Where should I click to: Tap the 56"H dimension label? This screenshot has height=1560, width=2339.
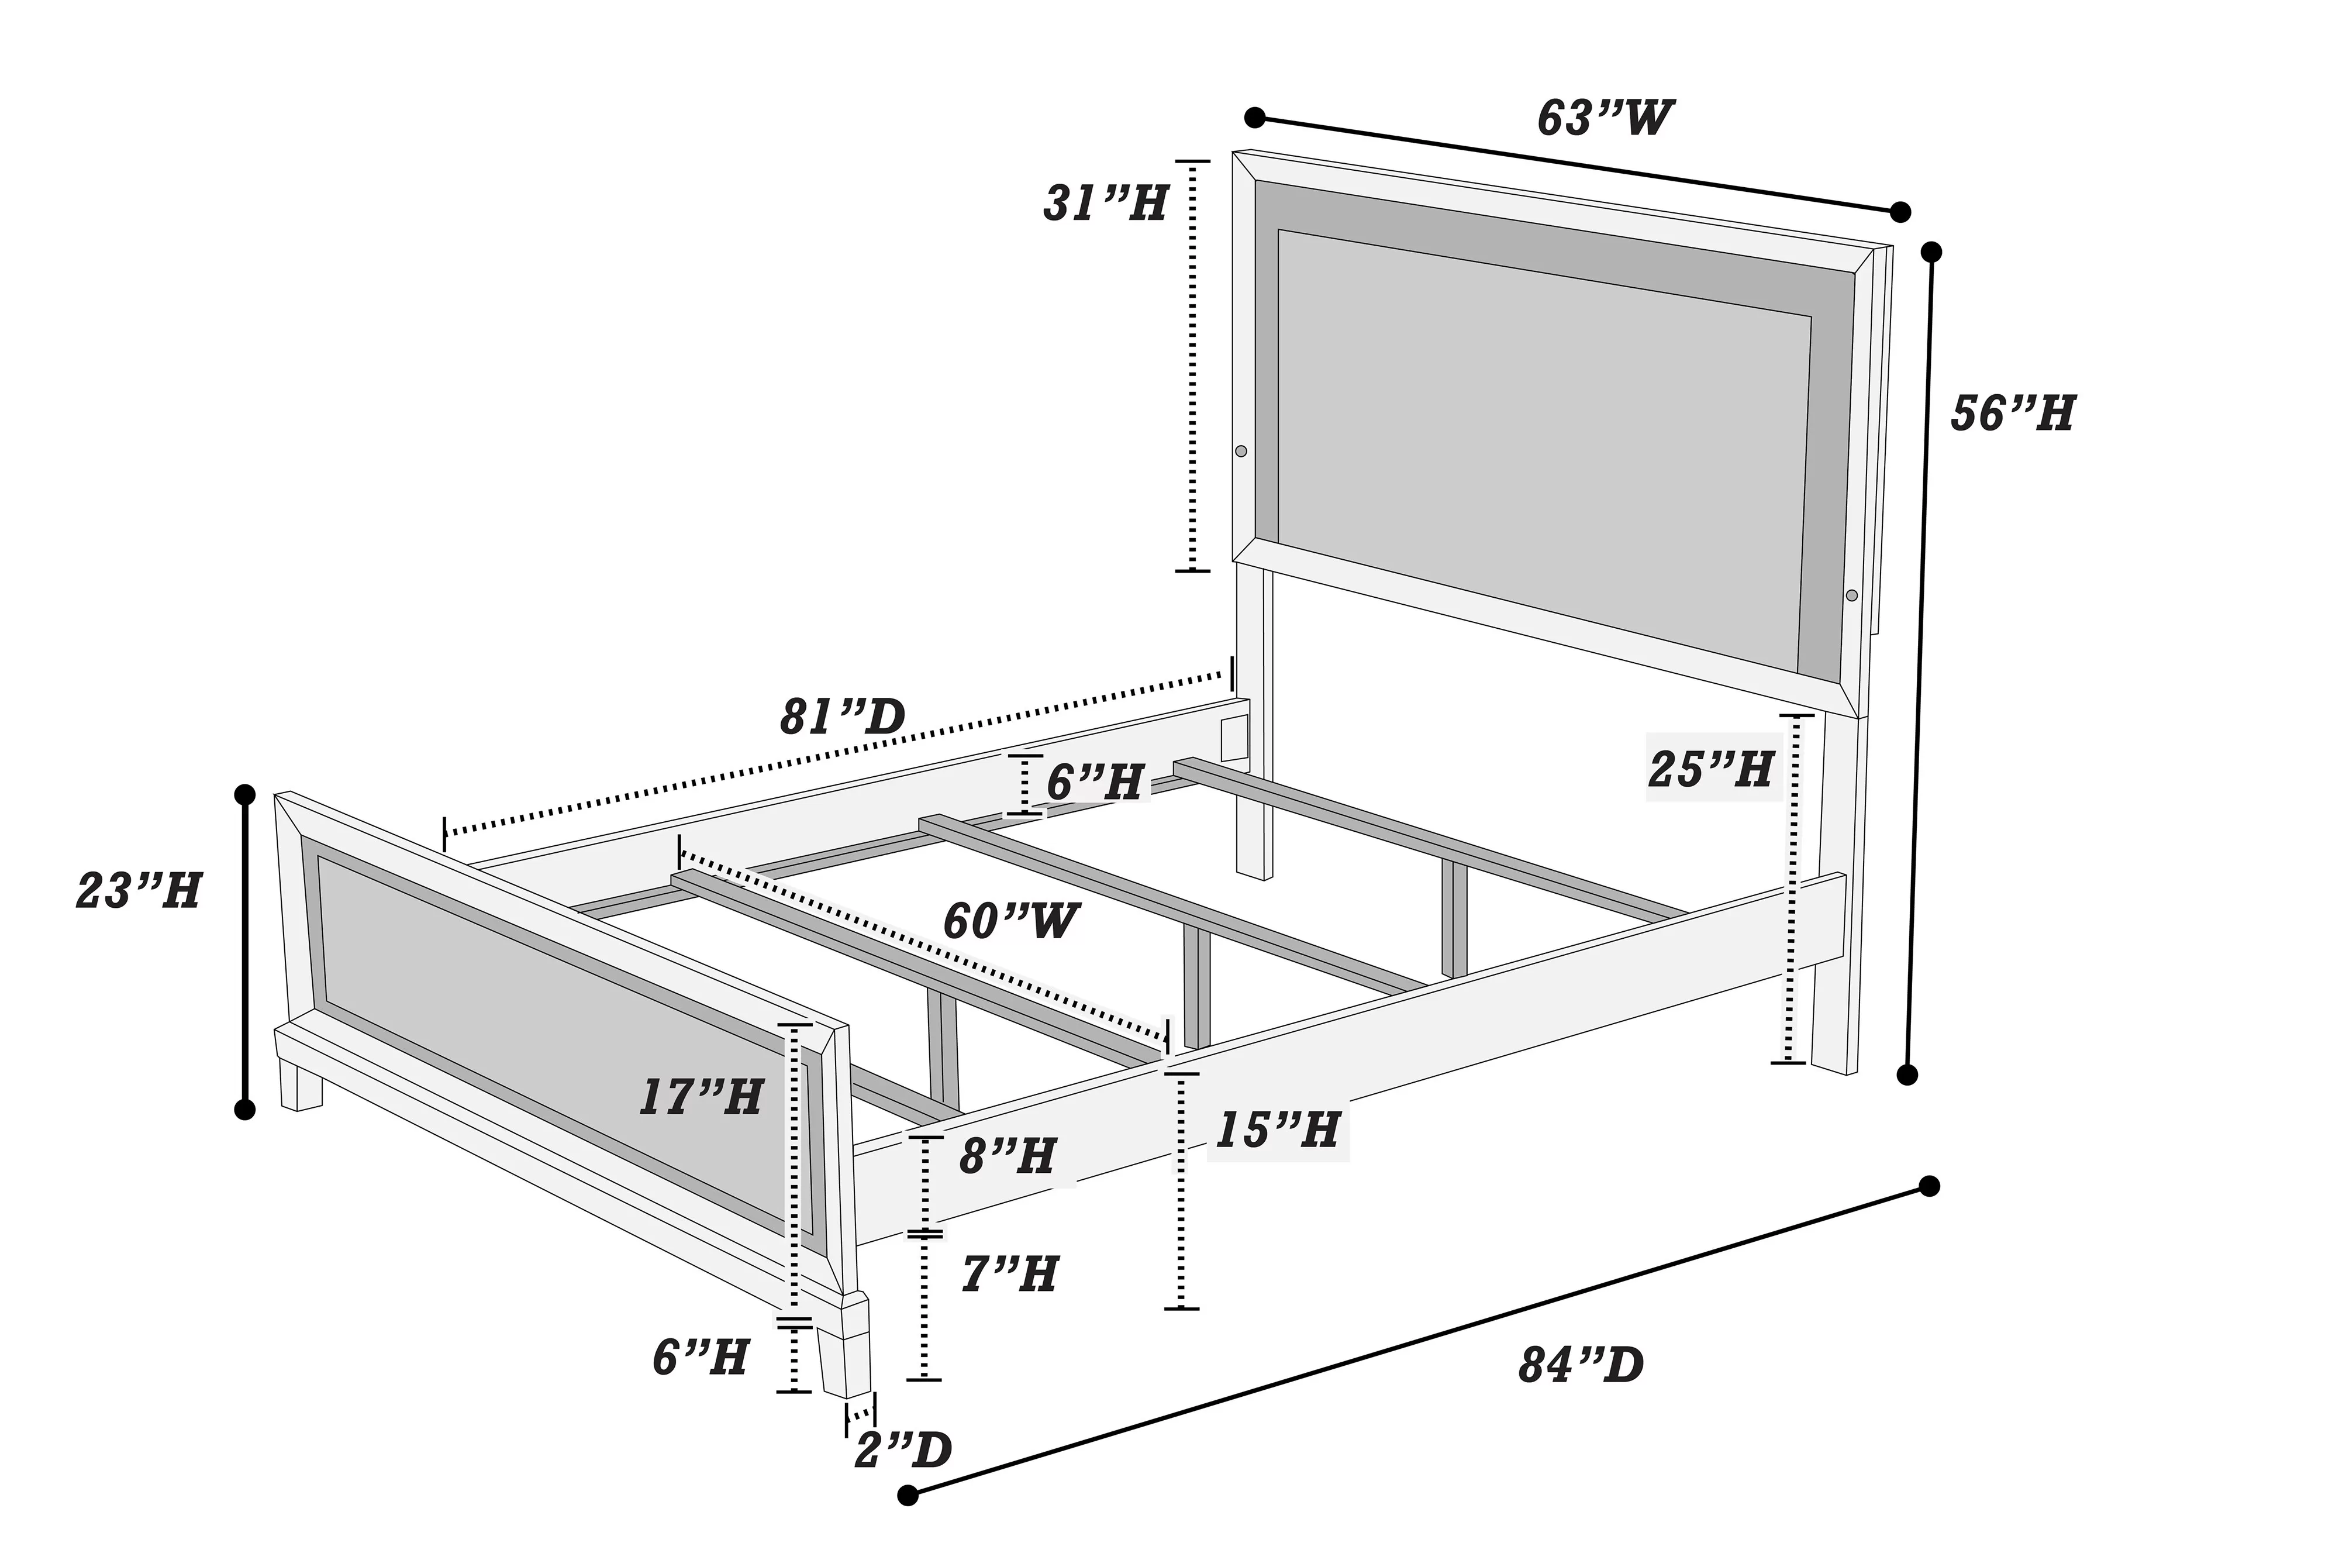click(2013, 413)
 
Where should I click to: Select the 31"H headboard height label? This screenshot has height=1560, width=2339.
click(1104, 204)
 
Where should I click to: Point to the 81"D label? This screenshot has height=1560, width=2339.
click(842, 717)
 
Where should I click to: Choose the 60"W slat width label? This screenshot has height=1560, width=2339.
click(1010, 921)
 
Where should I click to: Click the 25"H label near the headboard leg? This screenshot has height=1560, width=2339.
click(1710, 769)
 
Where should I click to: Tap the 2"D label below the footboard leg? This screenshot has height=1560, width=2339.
click(903, 1451)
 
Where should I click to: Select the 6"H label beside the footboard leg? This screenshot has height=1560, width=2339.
click(700, 1357)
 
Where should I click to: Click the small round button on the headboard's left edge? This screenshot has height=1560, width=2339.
click(1240, 451)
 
